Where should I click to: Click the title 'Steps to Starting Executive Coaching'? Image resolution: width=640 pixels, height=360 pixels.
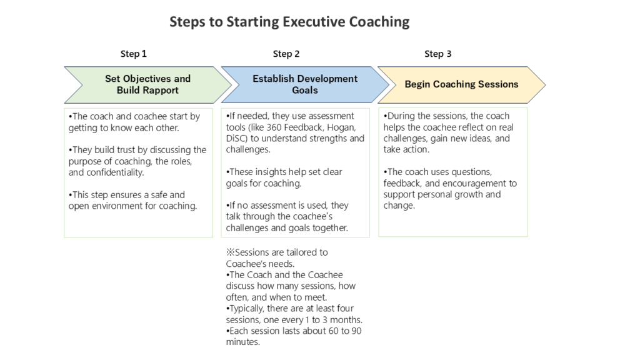[x=289, y=22]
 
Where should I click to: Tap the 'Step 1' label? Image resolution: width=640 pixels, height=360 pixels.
[x=134, y=54]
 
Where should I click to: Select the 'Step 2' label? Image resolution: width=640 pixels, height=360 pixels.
[x=286, y=54]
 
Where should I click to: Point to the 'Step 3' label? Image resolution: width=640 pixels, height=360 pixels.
[x=437, y=54]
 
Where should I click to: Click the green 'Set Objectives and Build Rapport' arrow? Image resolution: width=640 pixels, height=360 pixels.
[x=147, y=84]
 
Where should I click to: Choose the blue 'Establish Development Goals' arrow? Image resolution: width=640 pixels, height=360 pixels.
[x=305, y=84]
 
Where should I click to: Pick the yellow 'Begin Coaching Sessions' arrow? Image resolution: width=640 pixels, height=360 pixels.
[x=462, y=84]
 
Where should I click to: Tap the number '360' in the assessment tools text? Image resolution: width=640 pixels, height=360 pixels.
[x=274, y=127]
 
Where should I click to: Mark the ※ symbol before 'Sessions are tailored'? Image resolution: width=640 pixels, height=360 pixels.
[x=230, y=252]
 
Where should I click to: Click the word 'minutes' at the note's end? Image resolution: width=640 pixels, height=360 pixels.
[x=242, y=342]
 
